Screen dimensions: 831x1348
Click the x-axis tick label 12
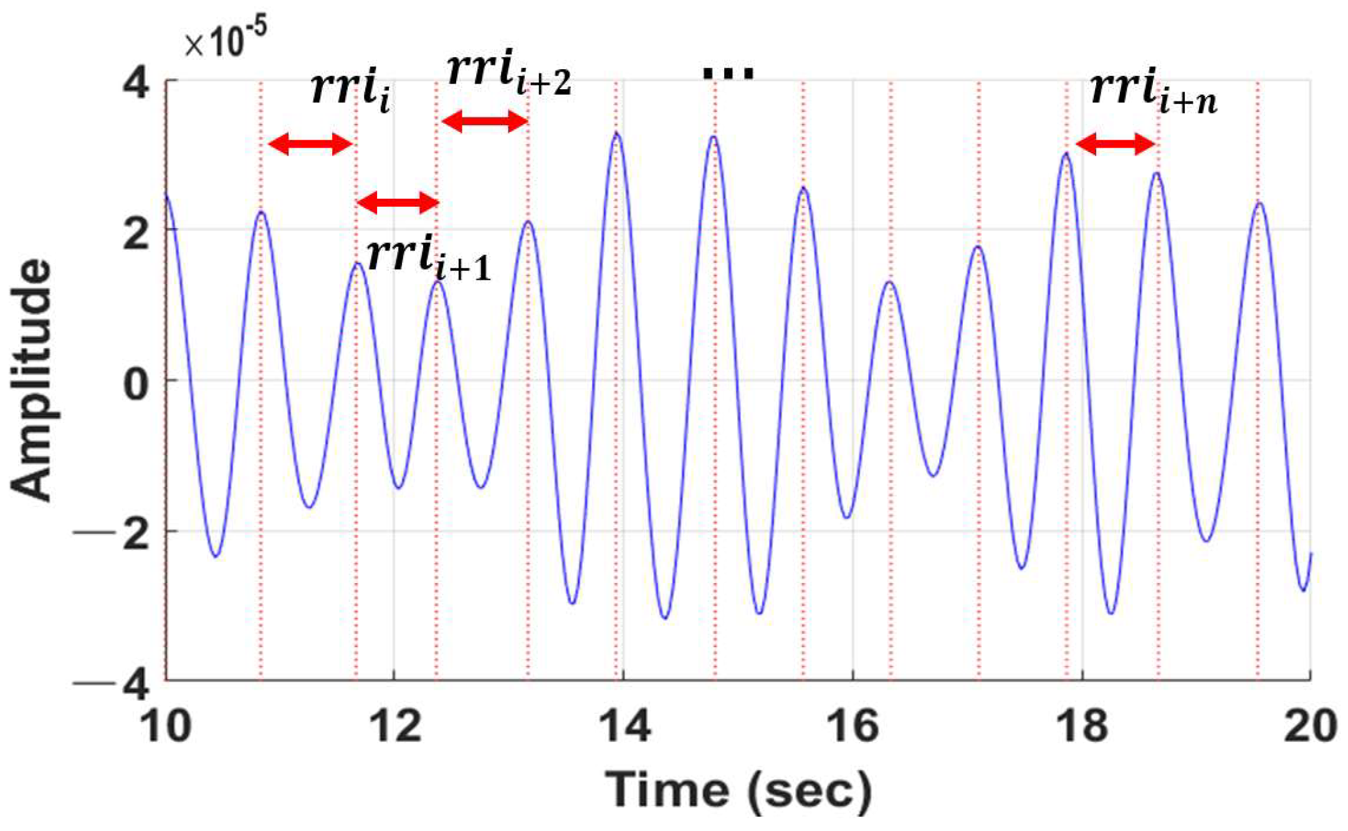(395, 725)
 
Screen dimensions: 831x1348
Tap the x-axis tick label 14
(624, 725)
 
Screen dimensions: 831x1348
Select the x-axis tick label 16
(853, 725)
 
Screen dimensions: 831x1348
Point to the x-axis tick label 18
(1083, 725)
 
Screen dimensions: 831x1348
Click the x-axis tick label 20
(1311, 725)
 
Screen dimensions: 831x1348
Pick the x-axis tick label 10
(165, 725)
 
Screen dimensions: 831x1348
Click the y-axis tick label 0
(136, 381)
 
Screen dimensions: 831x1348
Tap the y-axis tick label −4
(112, 684)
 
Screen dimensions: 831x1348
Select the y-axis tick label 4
(136, 82)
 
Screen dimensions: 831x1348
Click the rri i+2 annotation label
(508, 74)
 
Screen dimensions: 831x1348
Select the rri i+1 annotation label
(429, 259)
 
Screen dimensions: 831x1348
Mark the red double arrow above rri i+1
(398, 202)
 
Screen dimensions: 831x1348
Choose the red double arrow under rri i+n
(1116, 145)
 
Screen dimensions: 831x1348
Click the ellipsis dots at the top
(728, 74)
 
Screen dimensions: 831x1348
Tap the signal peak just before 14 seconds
(616, 134)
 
